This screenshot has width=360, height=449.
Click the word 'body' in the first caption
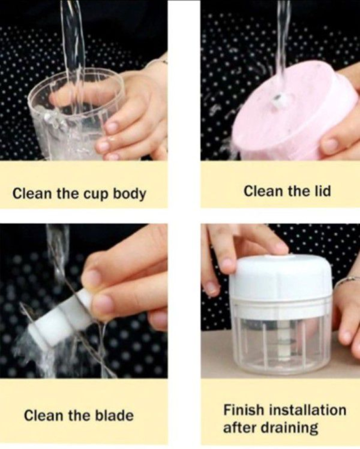click(x=129, y=194)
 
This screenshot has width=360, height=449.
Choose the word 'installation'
click(x=307, y=410)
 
